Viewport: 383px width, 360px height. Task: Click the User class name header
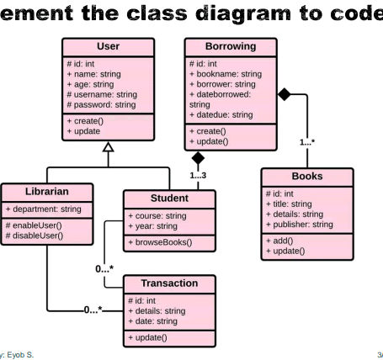pos(107,46)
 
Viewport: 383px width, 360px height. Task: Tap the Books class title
pos(306,177)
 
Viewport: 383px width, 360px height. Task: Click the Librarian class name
pos(35,191)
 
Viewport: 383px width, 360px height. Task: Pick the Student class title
pos(168,199)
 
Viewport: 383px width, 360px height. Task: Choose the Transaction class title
pos(168,283)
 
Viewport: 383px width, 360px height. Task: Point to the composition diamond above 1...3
pos(198,157)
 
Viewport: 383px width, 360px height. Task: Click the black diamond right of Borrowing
pos(285,94)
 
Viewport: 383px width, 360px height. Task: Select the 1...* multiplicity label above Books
pos(307,142)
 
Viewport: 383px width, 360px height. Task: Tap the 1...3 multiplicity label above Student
pos(198,175)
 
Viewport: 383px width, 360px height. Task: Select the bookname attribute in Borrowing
pos(226,74)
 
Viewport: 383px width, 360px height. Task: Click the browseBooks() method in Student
pos(160,243)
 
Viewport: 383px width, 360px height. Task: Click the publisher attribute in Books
pos(300,225)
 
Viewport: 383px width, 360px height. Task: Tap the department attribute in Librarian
pos(44,209)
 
